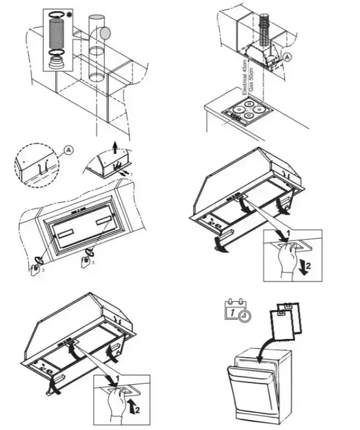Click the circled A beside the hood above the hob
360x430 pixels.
coord(287,57)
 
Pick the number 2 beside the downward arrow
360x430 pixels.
coord(308,266)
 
